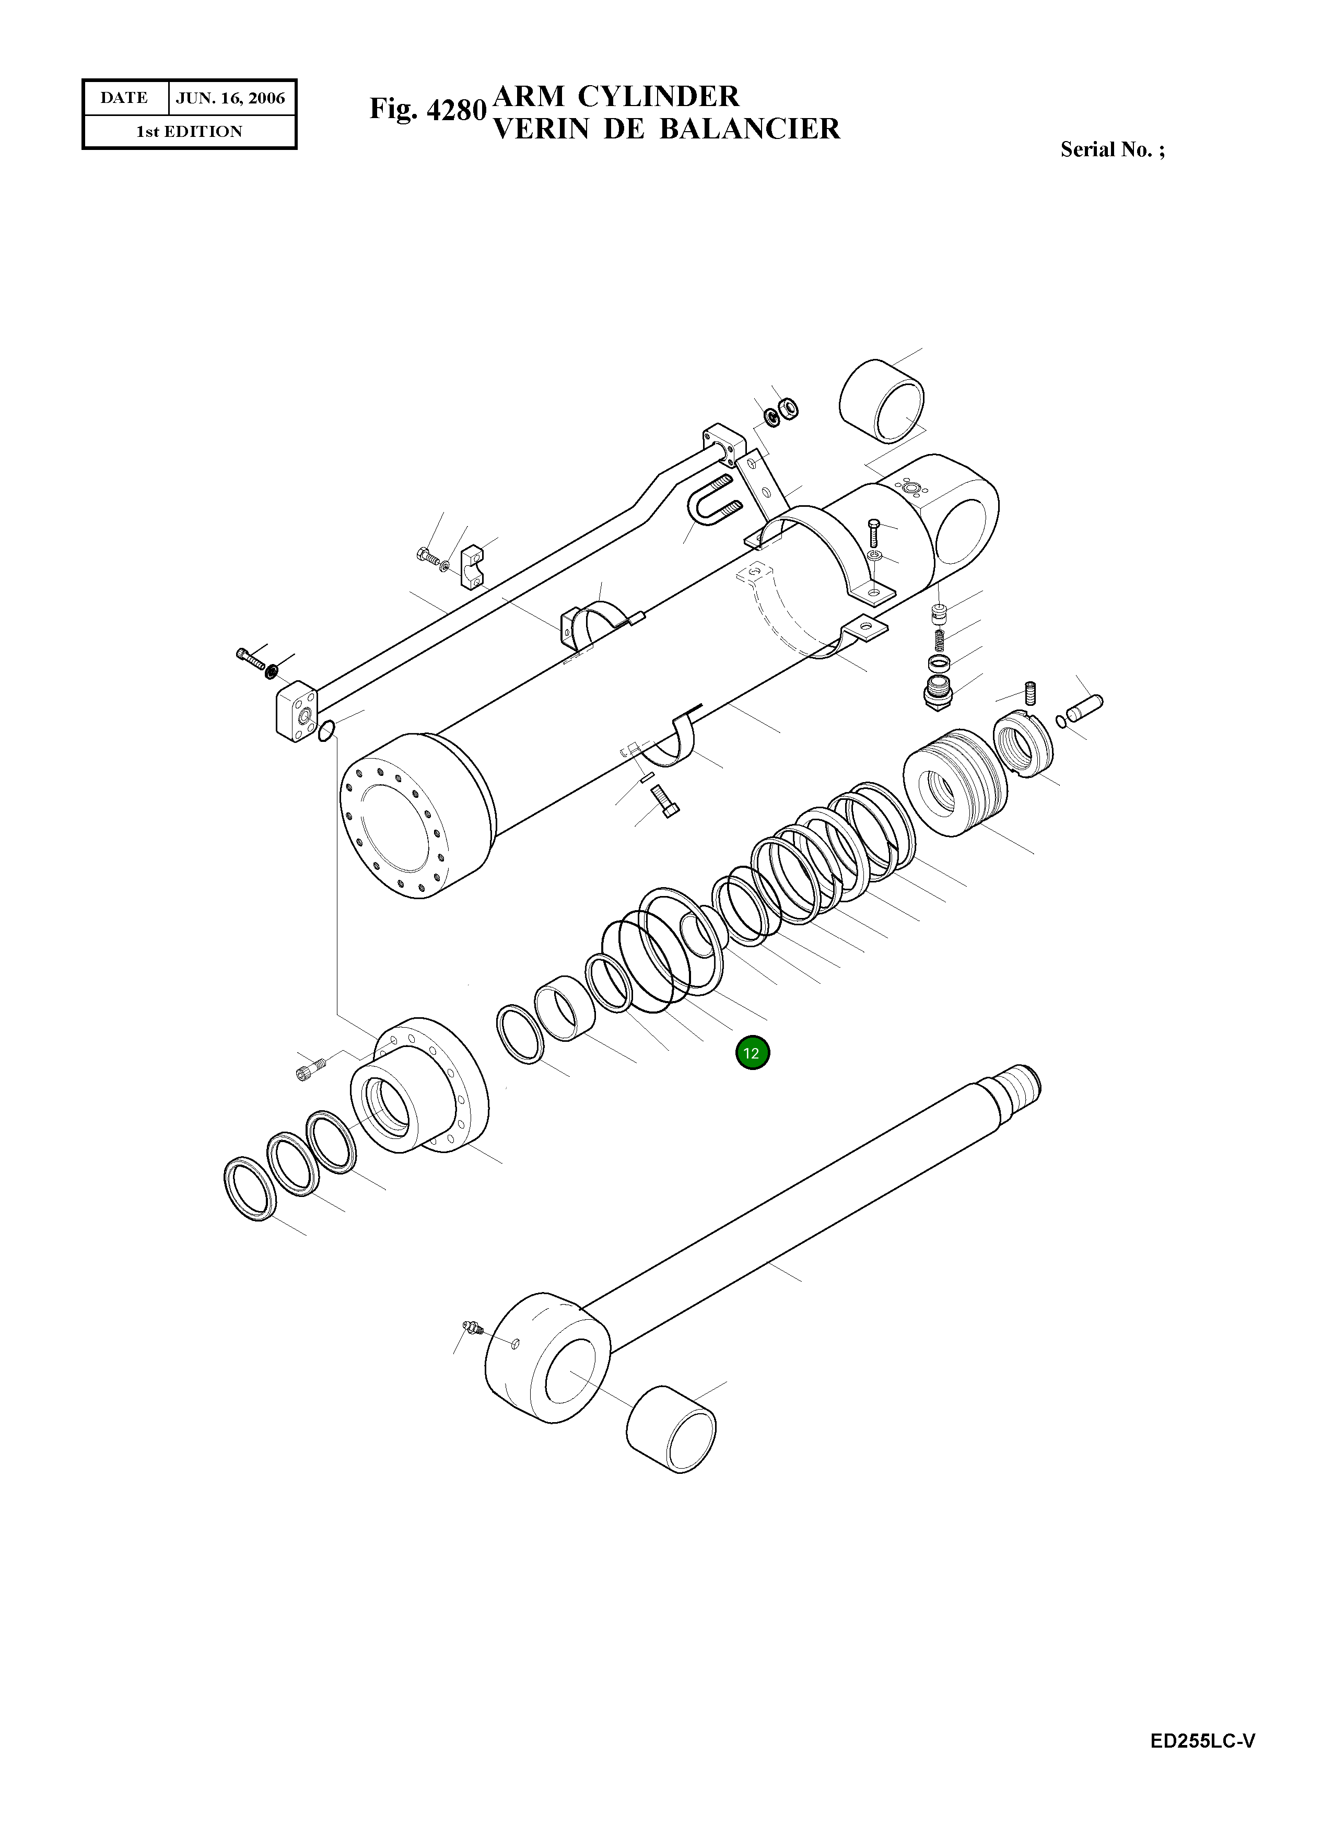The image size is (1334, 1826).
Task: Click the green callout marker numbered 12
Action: [x=752, y=1053]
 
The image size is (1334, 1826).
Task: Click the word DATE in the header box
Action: [x=124, y=98]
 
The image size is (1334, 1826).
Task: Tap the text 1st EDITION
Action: [x=189, y=132]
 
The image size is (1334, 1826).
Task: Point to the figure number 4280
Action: [x=455, y=109]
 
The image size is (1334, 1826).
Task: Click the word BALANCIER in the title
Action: [x=750, y=129]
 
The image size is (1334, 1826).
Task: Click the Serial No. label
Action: [x=1112, y=149]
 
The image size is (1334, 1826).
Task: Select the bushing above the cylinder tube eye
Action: [x=882, y=401]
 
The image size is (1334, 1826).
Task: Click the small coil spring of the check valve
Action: [x=939, y=641]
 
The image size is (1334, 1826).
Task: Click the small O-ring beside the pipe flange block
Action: [x=326, y=731]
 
